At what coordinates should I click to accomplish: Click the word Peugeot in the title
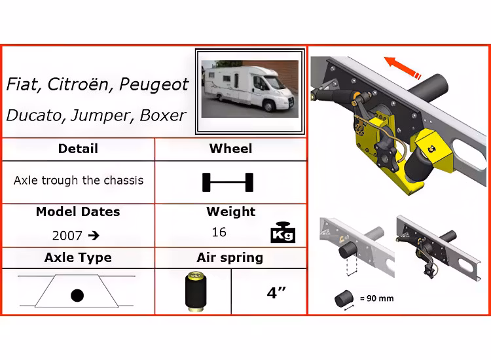click(154, 84)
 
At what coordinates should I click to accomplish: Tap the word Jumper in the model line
click(100, 116)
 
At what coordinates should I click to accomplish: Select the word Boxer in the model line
click(162, 115)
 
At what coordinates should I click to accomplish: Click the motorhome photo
click(250, 89)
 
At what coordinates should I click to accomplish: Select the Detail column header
click(78, 149)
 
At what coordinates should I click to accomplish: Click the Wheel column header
click(230, 149)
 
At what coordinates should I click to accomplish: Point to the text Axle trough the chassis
click(79, 180)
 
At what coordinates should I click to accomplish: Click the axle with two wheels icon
click(228, 182)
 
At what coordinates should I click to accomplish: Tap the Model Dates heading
click(78, 211)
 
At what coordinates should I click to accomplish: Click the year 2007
click(67, 236)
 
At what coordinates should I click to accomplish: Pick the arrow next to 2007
click(94, 236)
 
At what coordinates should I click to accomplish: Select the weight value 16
click(219, 232)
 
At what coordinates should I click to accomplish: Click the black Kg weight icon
click(283, 232)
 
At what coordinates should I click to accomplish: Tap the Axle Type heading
click(78, 258)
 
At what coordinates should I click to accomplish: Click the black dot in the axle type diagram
click(77, 295)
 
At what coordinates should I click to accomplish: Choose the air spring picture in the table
click(196, 291)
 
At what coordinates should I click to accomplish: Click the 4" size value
click(276, 293)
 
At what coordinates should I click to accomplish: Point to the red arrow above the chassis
click(403, 67)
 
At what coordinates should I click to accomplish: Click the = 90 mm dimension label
click(376, 298)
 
